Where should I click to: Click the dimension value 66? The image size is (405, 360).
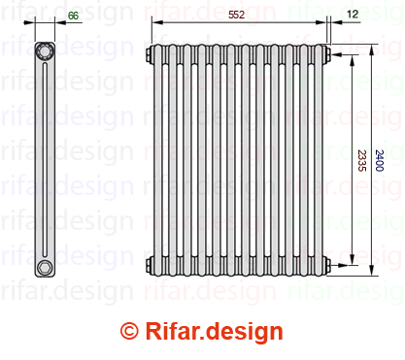click(x=73, y=16)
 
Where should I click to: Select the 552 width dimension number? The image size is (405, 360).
click(x=236, y=15)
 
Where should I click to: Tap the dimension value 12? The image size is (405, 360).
click(x=353, y=14)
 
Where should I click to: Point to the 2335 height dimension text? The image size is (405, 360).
click(x=362, y=160)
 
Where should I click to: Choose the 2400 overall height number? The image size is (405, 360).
click(x=379, y=160)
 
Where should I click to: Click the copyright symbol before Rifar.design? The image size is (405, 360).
click(x=129, y=331)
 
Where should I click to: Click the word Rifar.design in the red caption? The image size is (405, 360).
click(x=214, y=332)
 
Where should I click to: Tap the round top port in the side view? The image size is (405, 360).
click(x=45, y=51)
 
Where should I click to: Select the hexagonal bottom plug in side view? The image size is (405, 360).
click(x=44, y=268)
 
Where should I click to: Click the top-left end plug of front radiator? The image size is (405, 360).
click(x=149, y=54)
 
